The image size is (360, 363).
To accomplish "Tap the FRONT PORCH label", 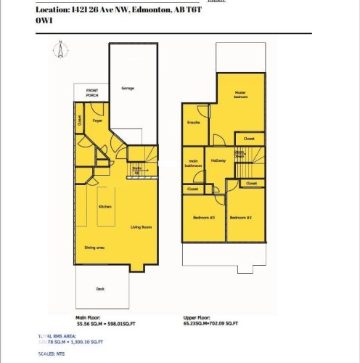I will click(x=91, y=93).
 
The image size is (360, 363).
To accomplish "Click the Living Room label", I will click(x=141, y=227).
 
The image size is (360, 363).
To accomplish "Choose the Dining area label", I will click(x=95, y=248).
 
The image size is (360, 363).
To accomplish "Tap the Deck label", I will click(x=100, y=288).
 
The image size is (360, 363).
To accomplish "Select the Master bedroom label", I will click(x=242, y=94).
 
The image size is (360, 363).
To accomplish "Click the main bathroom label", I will click(x=193, y=163).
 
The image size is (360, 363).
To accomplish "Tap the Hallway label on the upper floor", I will click(x=218, y=160).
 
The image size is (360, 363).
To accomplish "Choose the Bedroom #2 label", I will click(x=240, y=218).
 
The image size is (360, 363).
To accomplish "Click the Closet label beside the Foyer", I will click(x=79, y=121).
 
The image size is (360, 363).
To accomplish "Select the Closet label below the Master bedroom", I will click(x=248, y=138).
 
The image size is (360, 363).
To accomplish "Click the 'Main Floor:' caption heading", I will click(x=86, y=318).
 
